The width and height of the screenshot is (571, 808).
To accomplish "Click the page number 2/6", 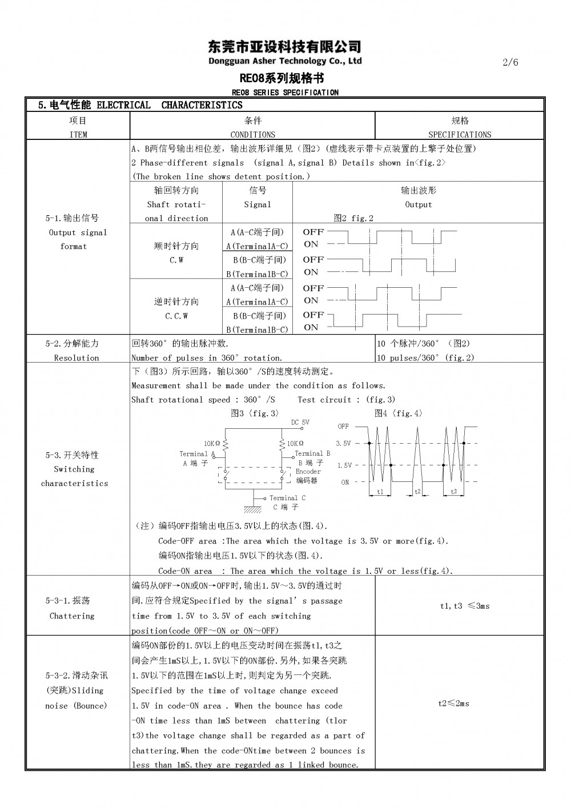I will coord(510,62).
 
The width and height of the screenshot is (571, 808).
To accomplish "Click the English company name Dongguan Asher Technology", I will coord(285,61).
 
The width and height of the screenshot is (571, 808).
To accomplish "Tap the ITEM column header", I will coord(78,135).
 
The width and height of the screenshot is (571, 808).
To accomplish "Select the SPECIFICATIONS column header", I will coord(460,135).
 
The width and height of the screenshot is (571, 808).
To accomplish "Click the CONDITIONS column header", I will coord(252,135).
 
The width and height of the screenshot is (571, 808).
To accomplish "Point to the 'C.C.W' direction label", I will coord(176,316).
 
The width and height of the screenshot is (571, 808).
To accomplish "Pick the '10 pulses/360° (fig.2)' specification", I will coord(425,358).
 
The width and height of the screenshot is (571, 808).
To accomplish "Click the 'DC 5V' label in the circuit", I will coord(300,423).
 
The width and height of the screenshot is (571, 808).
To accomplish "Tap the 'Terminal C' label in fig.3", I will coord(287,498).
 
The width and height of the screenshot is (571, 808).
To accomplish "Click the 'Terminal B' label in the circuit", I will coord(312,453).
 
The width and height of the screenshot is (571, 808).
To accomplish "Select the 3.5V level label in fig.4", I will coord(343,443).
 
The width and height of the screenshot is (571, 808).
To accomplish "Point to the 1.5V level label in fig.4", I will coord(344,465).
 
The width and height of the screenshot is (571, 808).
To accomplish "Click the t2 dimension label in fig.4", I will coord(417,491).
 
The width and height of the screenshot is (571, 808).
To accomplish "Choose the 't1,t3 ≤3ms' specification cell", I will coord(465,606).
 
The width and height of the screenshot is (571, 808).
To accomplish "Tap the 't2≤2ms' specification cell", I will coord(453,704).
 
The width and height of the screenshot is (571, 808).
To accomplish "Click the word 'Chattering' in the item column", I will coord(72,616).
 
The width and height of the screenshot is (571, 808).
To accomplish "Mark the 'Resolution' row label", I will coord(77,358).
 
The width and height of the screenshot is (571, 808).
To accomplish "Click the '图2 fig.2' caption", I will coord(353,218).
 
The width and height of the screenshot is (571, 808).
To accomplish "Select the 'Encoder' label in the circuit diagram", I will coord(308,472).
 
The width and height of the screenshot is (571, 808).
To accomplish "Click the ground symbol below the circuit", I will coord(253,509).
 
